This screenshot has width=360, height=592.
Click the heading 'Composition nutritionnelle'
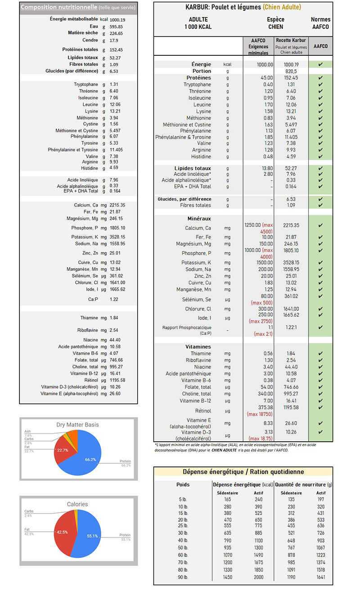[58, 7]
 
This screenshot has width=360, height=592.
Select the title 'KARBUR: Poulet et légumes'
[223, 7]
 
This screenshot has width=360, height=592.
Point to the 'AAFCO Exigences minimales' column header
[258, 46]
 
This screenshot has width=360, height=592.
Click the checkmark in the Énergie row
[320, 64]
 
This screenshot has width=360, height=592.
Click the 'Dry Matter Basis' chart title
[77, 424]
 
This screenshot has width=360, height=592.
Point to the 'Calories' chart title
[77, 504]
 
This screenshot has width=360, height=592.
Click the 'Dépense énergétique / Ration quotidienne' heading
[243, 472]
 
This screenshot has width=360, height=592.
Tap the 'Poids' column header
[183, 484]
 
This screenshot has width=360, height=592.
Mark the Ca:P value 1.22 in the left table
[114, 299]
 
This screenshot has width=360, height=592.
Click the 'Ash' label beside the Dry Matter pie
[27, 431]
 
